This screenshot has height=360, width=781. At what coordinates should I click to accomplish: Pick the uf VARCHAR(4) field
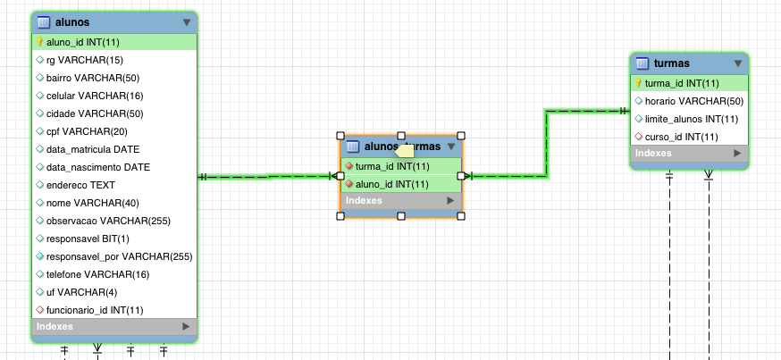(x=74, y=292)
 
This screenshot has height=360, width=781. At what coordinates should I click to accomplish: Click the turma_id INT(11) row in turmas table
(x=682, y=83)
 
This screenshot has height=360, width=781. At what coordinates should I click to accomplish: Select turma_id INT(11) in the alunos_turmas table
(x=392, y=166)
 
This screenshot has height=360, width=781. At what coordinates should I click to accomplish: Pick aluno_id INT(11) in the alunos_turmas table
(x=392, y=184)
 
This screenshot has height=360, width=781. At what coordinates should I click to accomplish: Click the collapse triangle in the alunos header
(x=187, y=21)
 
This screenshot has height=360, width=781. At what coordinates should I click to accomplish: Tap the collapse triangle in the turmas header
(x=738, y=63)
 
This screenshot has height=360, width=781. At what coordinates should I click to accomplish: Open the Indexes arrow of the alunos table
(x=187, y=327)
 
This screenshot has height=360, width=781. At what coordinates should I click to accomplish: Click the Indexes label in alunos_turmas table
(x=364, y=201)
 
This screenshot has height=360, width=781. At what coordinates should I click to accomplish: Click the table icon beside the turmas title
(x=642, y=63)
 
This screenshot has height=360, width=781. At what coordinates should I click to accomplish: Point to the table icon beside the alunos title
(x=43, y=21)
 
